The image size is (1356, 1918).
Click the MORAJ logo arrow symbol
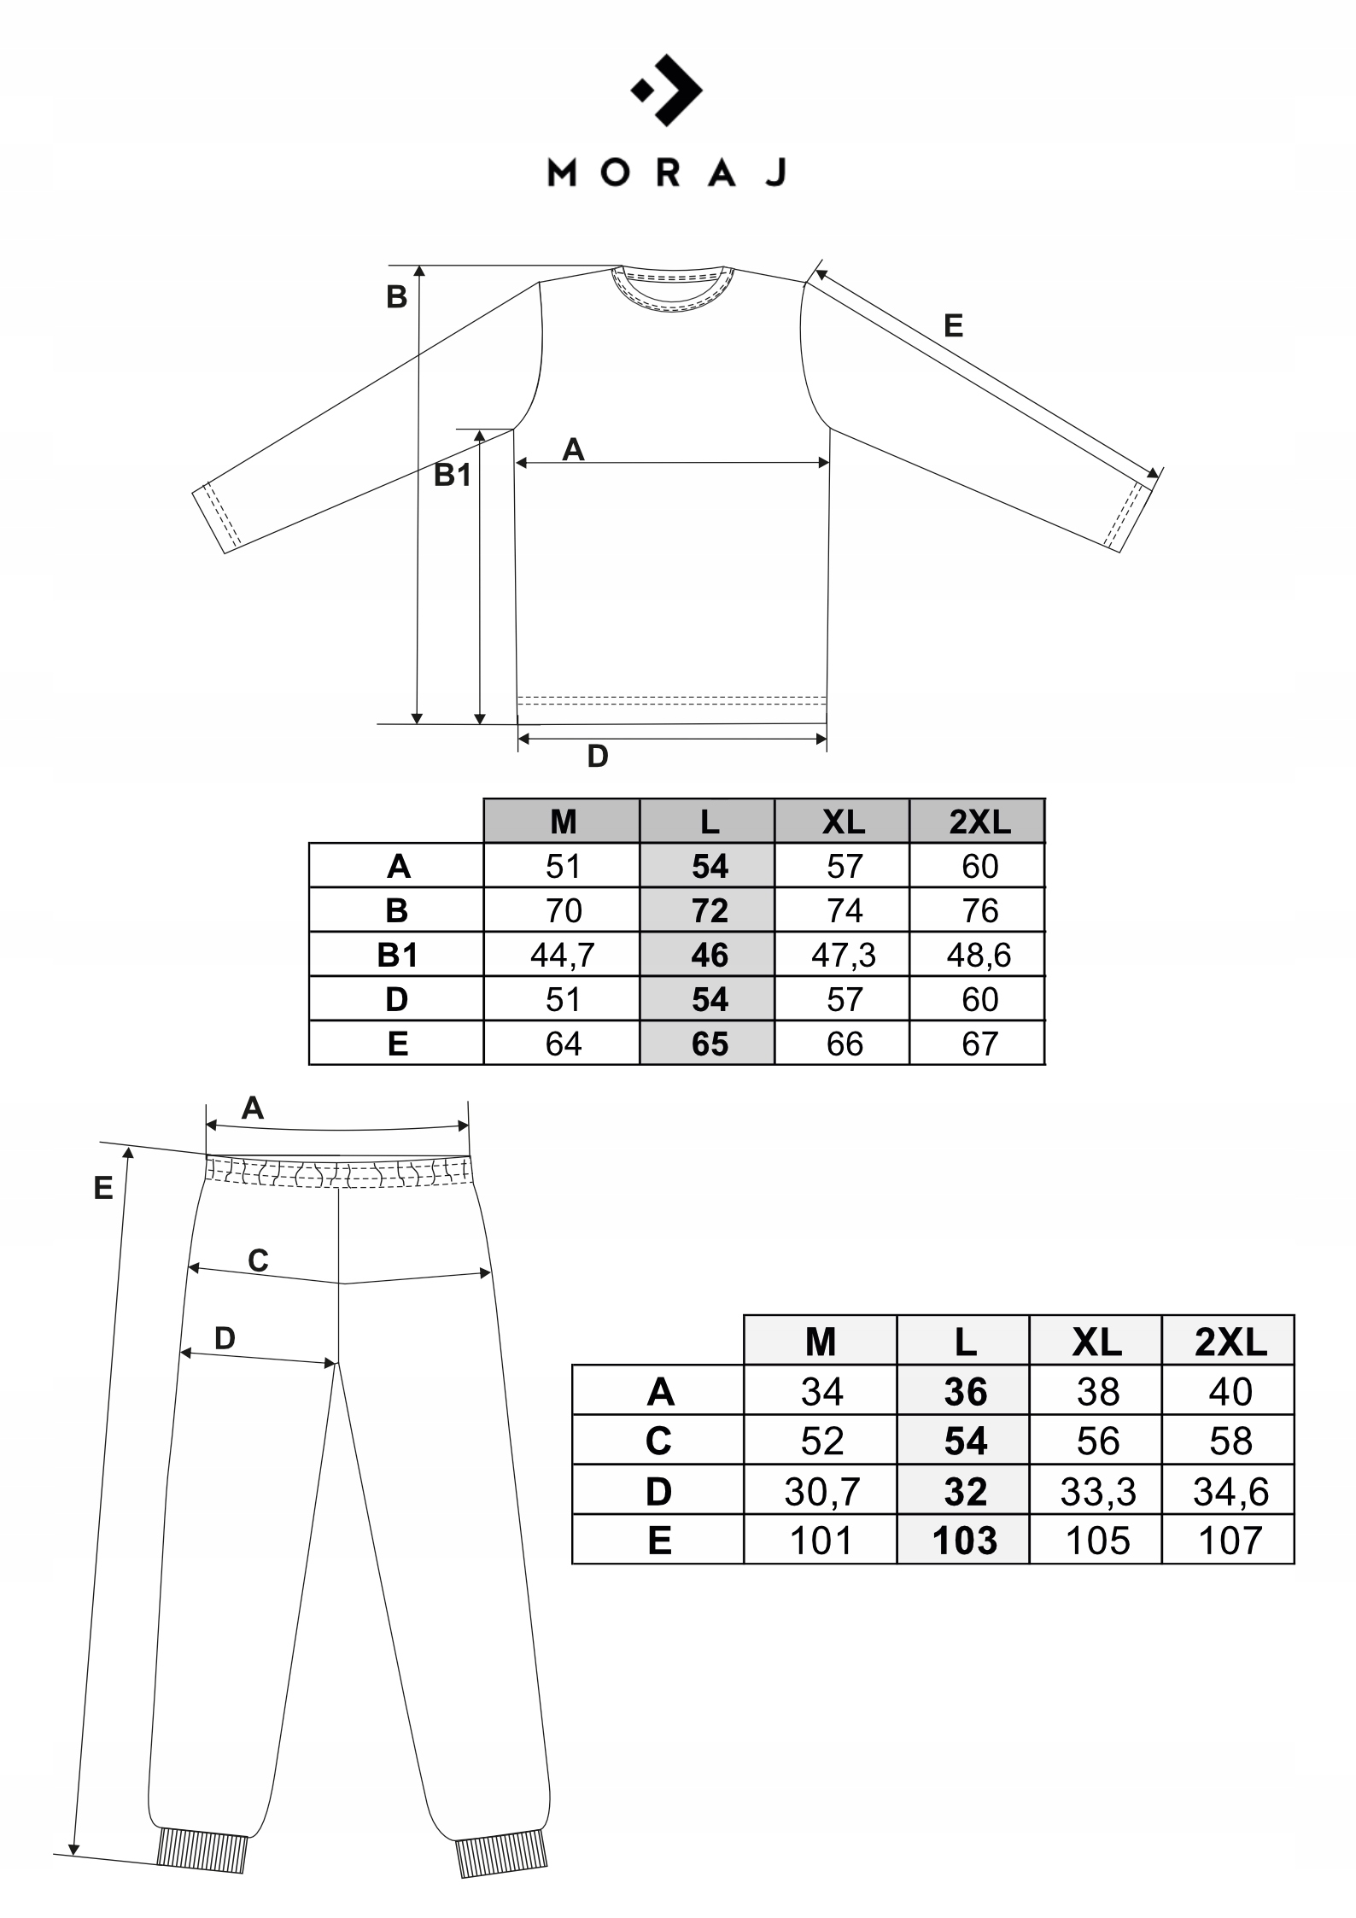coord(668,90)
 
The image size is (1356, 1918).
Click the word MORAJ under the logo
coord(666,173)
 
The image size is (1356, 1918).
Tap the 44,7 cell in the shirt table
coord(562,955)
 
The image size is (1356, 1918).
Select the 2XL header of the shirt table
coord(979,822)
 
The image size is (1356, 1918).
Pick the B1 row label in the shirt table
coord(397,955)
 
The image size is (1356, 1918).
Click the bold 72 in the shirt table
coord(709,910)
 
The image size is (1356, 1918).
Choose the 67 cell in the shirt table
coord(979,1044)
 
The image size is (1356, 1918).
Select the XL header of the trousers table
coord(1097,1343)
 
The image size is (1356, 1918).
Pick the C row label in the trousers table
coord(658,1442)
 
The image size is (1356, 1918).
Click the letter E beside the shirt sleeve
coord(953,325)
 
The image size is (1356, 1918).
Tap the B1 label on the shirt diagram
coord(453,475)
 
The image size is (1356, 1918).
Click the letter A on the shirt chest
coord(573,449)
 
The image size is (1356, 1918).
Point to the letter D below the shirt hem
coord(598,757)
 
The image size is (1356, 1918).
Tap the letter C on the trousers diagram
coord(258,1260)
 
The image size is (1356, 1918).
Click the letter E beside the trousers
coord(103,1188)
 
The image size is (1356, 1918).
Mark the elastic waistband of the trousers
coord(338,1172)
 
